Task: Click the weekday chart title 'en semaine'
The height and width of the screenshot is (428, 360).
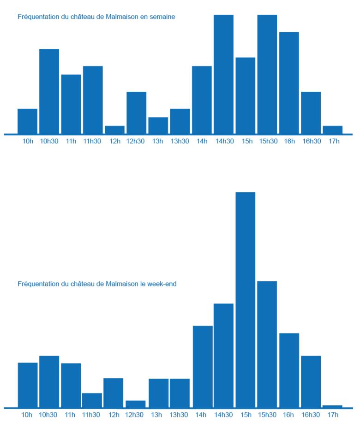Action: tap(96, 17)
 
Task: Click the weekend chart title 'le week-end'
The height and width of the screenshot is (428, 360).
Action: tap(97, 284)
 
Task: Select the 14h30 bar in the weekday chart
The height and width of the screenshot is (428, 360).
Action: tap(223, 74)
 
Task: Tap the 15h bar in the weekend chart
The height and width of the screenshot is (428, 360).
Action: tap(245, 300)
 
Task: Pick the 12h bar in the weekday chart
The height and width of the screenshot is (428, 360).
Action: tap(114, 130)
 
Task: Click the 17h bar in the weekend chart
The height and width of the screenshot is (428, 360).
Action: tap(332, 406)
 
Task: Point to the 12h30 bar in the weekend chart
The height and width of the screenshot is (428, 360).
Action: tap(136, 404)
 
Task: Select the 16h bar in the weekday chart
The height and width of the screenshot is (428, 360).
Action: tap(289, 83)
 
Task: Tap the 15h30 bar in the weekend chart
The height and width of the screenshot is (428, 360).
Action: tap(267, 344)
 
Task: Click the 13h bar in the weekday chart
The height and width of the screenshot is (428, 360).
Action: tap(158, 125)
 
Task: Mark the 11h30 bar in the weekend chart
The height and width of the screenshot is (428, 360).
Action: tap(92, 400)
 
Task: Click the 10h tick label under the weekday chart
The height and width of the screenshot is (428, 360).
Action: tap(28, 141)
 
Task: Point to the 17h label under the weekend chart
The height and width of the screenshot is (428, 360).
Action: tap(331, 415)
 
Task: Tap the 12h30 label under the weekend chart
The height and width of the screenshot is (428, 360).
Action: tap(134, 415)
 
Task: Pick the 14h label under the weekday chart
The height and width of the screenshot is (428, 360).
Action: tap(202, 141)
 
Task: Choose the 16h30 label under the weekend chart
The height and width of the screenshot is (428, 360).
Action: tap(310, 415)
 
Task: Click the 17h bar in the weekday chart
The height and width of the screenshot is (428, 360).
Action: tap(332, 130)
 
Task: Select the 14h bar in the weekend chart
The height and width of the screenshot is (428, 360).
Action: tap(203, 367)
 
